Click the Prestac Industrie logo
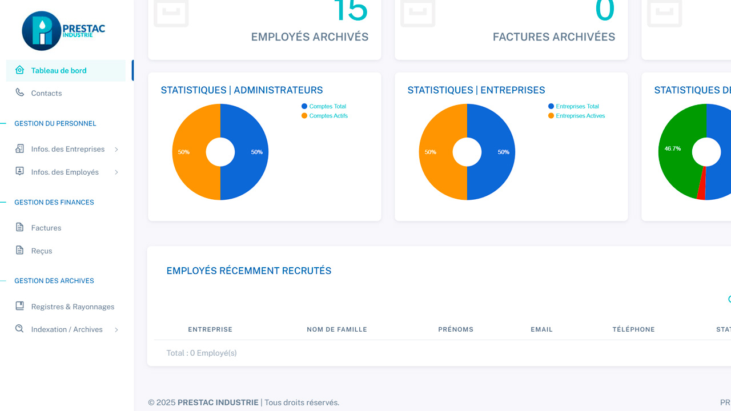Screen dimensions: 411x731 63,31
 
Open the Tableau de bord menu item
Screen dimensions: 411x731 59,71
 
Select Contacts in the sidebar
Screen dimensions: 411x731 46,93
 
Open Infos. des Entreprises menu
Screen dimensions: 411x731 67,149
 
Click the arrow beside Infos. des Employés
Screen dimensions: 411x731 117,172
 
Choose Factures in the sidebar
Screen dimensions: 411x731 46,228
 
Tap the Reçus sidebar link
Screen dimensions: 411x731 41,251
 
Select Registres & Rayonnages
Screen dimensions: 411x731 73,307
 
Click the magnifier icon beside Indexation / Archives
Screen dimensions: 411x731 19,329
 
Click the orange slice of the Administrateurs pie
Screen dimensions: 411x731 191,152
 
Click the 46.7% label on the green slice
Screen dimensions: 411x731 672,148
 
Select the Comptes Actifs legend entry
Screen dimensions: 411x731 328,116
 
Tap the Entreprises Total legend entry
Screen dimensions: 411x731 577,106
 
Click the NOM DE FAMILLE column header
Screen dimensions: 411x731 337,329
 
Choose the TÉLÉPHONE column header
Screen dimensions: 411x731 633,329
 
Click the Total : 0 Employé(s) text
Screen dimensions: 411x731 202,353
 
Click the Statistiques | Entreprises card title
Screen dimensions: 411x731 476,90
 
